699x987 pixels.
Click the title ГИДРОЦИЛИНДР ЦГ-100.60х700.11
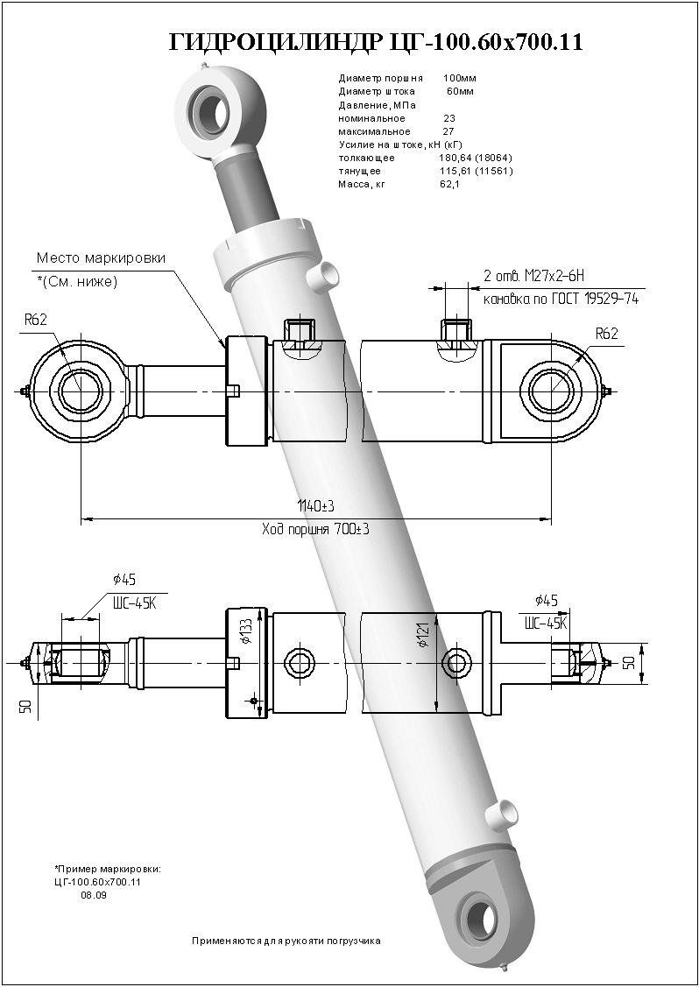point(376,42)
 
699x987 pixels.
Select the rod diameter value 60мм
point(460,92)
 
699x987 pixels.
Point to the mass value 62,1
point(450,185)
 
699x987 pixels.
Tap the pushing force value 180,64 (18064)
point(475,158)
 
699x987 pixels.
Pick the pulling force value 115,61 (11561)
point(475,171)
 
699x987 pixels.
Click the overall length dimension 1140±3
point(316,507)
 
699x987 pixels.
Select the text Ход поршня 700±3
point(315,529)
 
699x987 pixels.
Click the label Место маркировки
point(101,258)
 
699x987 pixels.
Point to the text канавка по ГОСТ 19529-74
point(561,299)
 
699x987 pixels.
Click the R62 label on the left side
point(35,321)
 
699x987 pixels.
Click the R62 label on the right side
point(607,334)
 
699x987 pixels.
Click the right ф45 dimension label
point(545,601)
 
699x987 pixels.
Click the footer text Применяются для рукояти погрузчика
point(286,941)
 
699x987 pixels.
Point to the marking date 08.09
point(92,895)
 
